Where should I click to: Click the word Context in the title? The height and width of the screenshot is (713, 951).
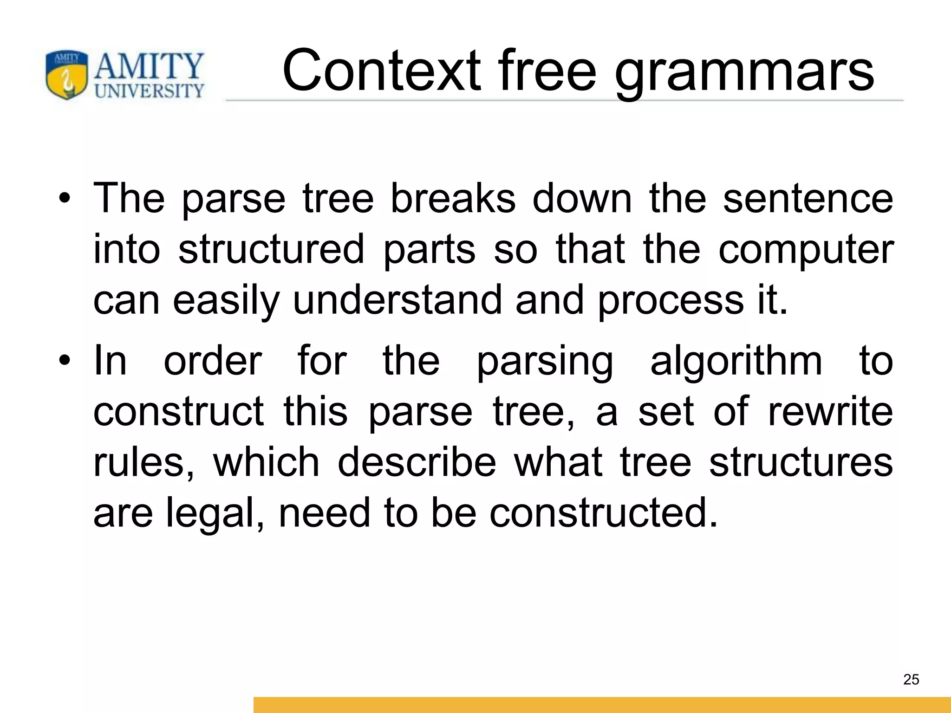(381, 71)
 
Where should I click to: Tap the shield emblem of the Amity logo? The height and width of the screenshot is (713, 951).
(66, 75)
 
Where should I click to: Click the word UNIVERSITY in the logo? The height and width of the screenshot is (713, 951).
(149, 90)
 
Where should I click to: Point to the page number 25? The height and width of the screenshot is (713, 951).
(911, 680)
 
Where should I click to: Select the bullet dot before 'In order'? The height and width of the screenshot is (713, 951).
(65, 361)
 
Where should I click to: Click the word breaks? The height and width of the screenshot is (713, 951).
(453, 199)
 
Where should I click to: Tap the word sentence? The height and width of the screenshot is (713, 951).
(808, 199)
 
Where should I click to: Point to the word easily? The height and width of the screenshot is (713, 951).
(226, 301)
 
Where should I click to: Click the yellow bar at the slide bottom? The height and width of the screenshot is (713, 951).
(602, 705)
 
